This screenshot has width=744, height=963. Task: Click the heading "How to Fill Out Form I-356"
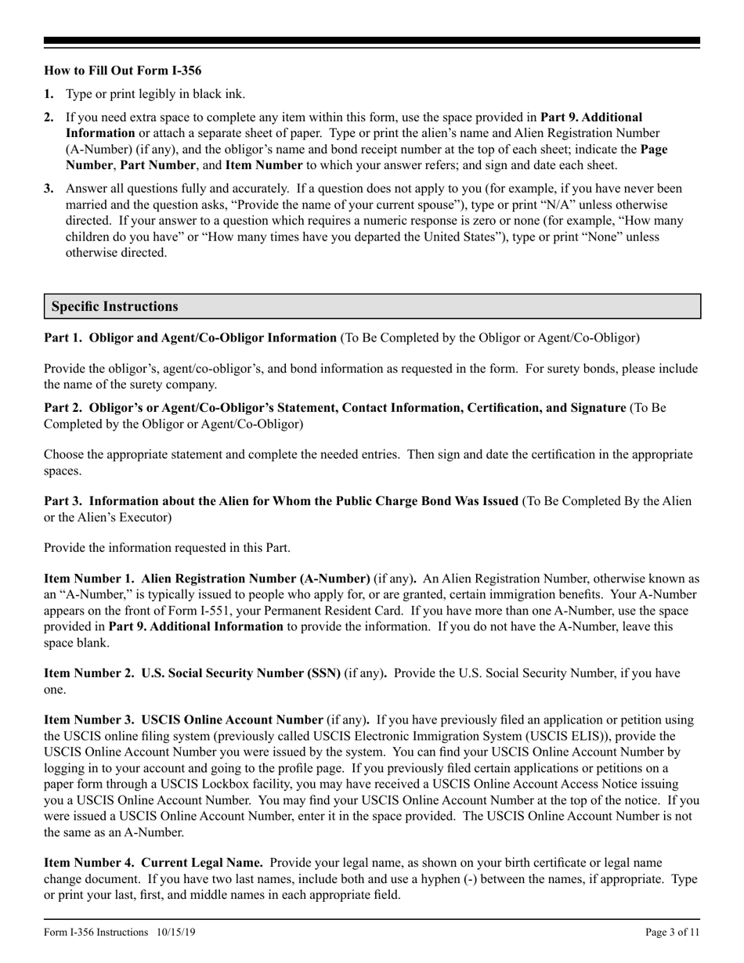click(x=122, y=70)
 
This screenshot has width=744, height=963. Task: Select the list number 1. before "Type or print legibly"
click(x=49, y=95)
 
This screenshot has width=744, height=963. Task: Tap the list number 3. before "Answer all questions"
click(x=49, y=189)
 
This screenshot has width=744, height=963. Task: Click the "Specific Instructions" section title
click(x=114, y=306)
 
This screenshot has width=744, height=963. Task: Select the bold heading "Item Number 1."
click(x=89, y=579)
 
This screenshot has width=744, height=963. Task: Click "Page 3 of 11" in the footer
click(x=673, y=932)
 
